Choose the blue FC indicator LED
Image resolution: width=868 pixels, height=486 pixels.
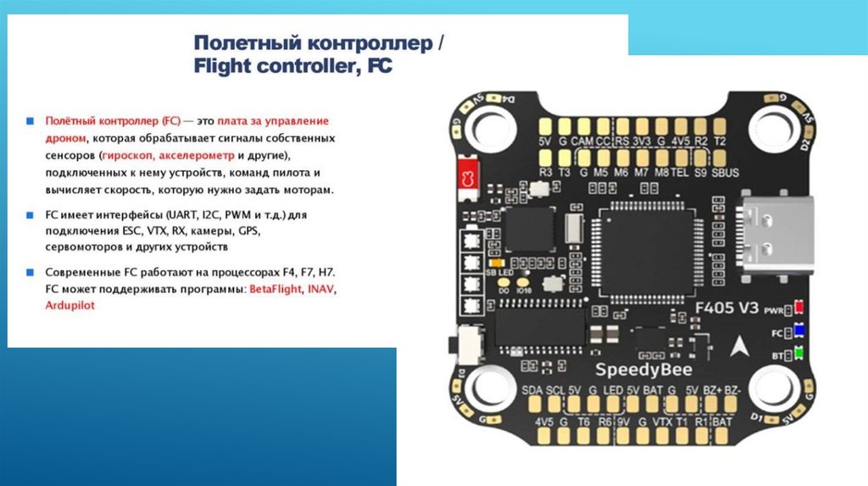(x=798, y=331)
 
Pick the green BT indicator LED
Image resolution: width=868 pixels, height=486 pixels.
(x=798, y=354)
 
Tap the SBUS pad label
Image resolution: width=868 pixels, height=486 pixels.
(x=726, y=173)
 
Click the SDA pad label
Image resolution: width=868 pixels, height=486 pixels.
(x=532, y=389)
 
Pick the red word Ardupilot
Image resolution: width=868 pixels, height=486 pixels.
(x=70, y=305)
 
